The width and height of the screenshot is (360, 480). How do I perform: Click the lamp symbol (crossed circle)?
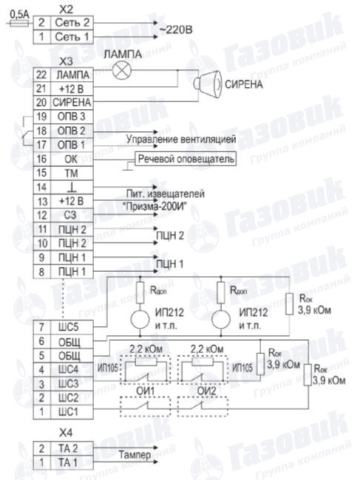[122, 70]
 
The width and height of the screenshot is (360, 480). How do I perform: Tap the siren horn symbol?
[208, 84]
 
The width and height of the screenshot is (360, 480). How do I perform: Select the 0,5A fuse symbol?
[19, 24]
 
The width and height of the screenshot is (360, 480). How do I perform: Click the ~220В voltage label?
[176, 30]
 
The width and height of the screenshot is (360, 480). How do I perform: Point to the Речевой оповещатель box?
[186, 159]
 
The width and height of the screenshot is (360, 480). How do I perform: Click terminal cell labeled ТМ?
[71, 174]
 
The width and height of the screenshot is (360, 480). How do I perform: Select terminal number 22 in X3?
[41, 75]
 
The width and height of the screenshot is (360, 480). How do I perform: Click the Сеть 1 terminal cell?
[72, 37]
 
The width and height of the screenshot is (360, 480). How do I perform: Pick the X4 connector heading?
[66, 433]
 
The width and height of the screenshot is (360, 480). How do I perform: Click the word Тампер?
[135, 455]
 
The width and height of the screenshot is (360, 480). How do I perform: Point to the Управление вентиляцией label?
[181, 140]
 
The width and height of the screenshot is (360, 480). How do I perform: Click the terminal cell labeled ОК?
[71, 160]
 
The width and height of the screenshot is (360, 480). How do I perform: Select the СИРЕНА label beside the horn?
[244, 84]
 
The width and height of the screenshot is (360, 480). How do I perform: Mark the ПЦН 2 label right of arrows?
[170, 236]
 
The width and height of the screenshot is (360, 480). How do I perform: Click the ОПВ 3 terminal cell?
[71, 117]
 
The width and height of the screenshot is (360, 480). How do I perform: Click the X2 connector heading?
[66, 10]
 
